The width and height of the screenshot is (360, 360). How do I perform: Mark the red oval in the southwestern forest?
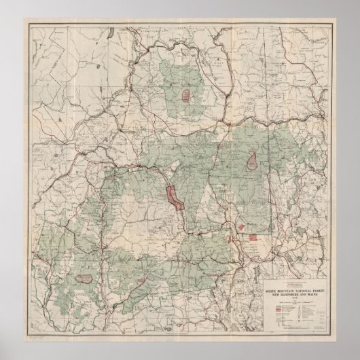[85, 276]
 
